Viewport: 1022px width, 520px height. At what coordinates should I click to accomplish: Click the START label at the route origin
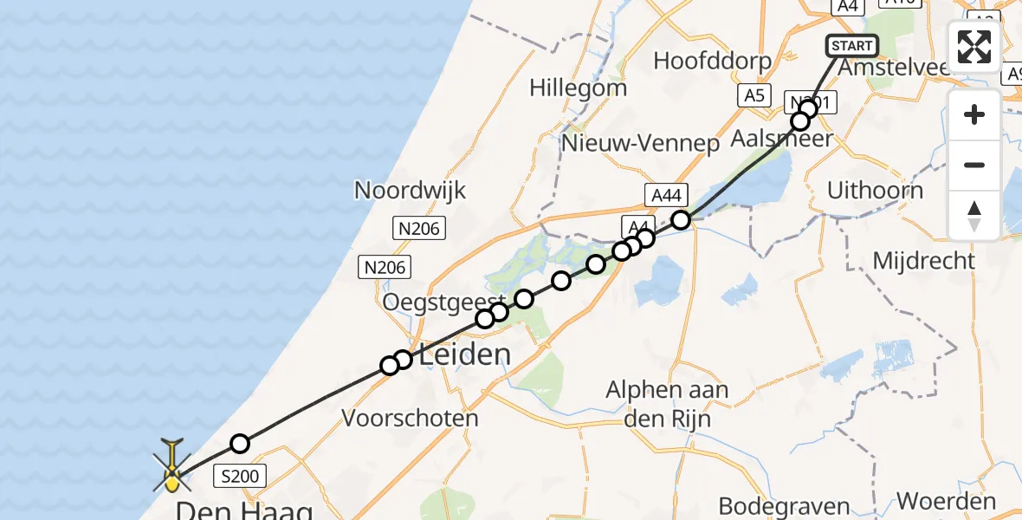852,46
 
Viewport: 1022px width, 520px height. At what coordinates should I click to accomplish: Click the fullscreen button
974,47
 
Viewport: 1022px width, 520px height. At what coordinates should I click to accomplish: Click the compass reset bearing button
974,216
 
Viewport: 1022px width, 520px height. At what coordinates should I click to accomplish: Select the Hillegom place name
578,88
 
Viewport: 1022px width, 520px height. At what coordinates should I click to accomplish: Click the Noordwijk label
410,191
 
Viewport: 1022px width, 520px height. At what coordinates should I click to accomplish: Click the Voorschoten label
410,419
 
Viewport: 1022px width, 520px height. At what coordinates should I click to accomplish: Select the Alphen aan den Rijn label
667,404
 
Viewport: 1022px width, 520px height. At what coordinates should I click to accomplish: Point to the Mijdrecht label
923,260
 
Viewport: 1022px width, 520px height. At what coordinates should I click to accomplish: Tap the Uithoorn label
875,191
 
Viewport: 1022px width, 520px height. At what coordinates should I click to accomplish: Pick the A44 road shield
665,195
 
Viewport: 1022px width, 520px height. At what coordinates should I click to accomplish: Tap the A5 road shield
754,95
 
